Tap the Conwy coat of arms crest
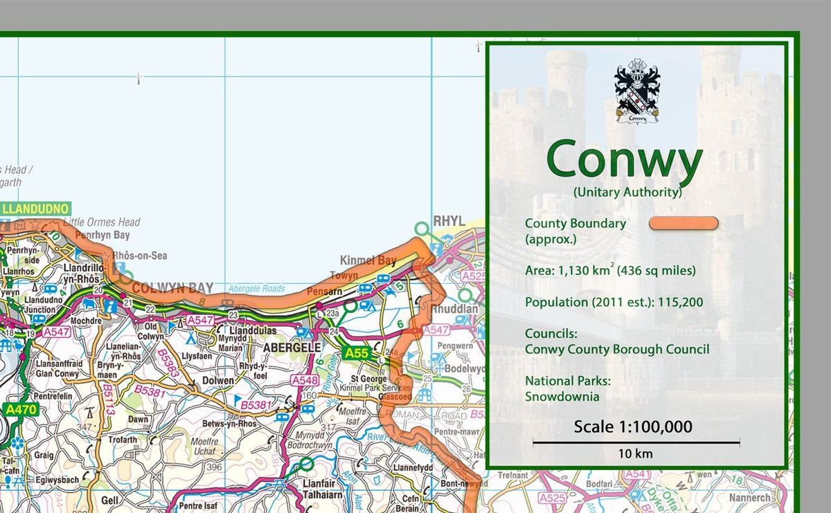[637, 91]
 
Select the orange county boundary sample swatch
[683, 223]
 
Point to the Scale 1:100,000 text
[633, 426]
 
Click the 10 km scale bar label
[636, 454]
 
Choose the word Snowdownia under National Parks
[562, 397]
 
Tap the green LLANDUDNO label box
[36, 208]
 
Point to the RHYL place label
[449, 221]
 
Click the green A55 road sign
[357, 353]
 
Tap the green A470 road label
[21, 409]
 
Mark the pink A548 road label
[305, 381]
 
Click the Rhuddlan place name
[454, 309]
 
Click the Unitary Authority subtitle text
[627, 192]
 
